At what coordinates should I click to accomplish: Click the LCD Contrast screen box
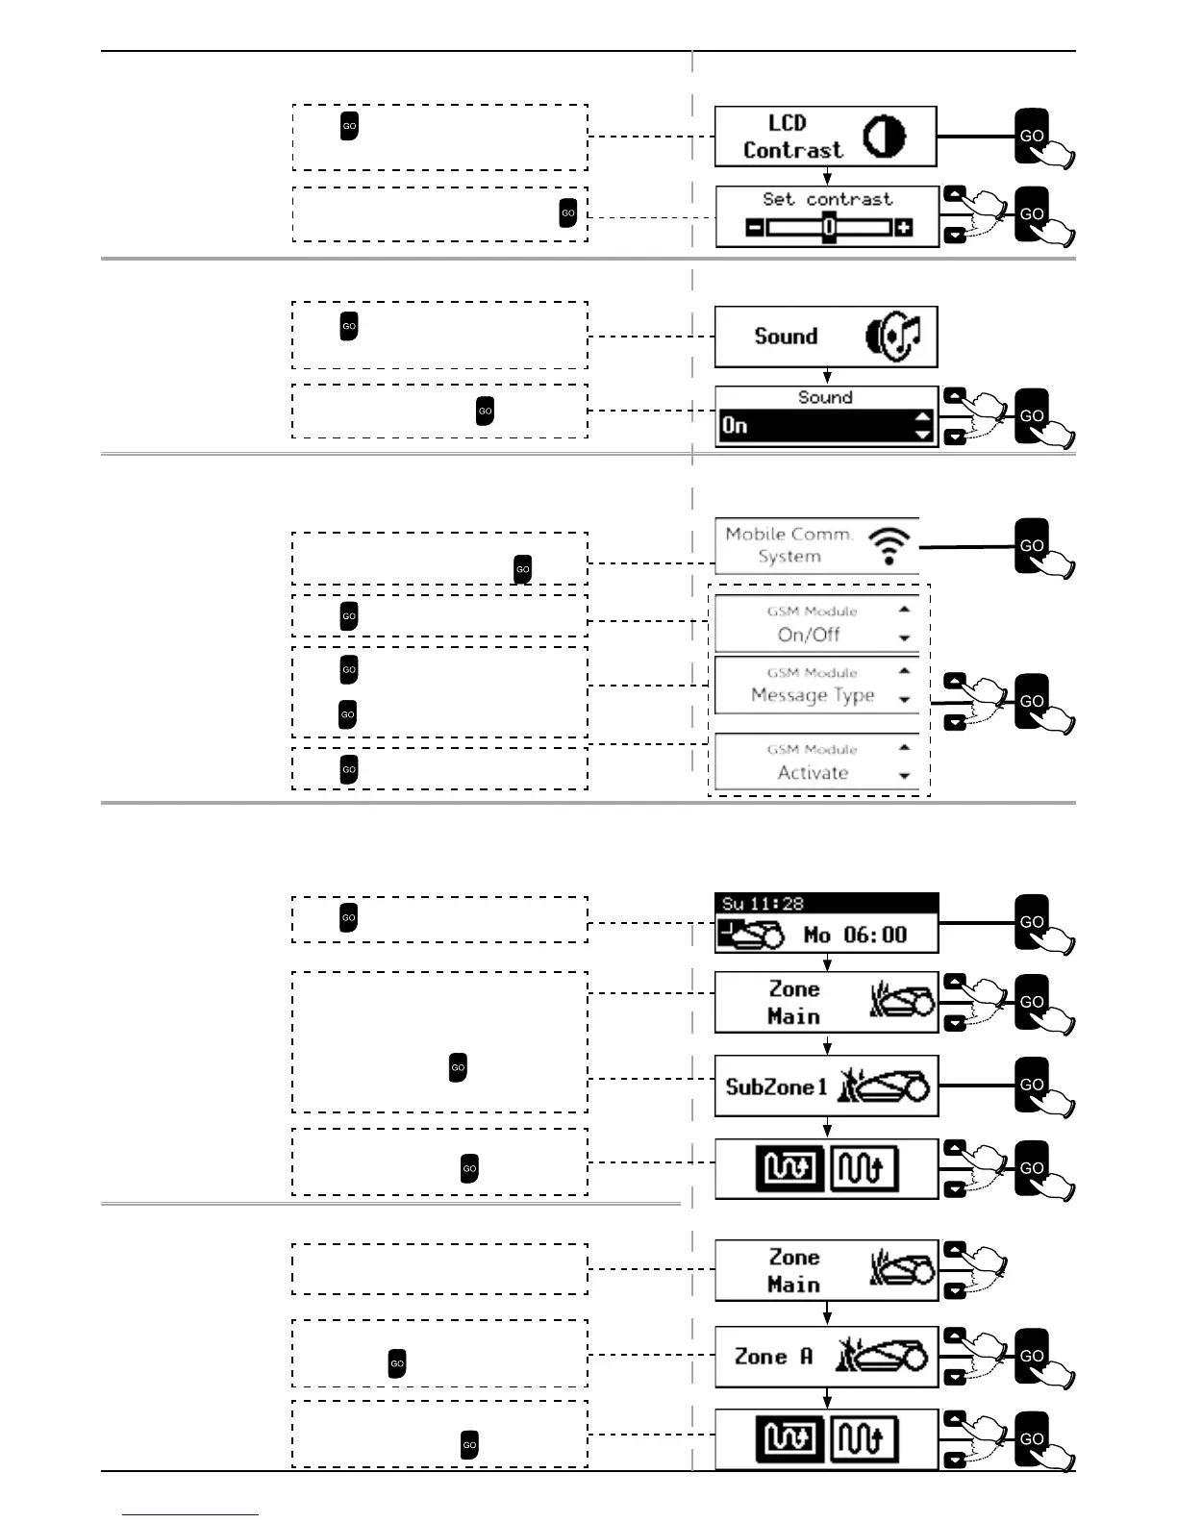pyautogui.click(x=825, y=137)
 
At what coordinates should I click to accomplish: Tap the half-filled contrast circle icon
pyautogui.click(x=884, y=137)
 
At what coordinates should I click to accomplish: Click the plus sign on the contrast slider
pyautogui.click(x=903, y=228)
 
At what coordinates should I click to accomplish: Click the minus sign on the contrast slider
pyautogui.click(x=755, y=228)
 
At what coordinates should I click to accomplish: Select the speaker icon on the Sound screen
pyautogui.click(x=893, y=336)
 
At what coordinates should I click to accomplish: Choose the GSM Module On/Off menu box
pyautogui.click(x=814, y=624)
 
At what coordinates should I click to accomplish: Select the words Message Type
pyautogui.click(x=813, y=695)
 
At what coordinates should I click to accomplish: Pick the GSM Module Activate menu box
pyautogui.click(x=814, y=762)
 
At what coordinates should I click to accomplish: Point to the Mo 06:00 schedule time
pyautogui.click(x=855, y=935)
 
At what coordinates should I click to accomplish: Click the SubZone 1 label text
pyautogui.click(x=776, y=1087)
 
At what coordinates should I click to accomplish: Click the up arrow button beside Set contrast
pyautogui.click(x=954, y=193)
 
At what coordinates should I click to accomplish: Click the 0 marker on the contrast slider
pyautogui.click(x=828, y=228)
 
